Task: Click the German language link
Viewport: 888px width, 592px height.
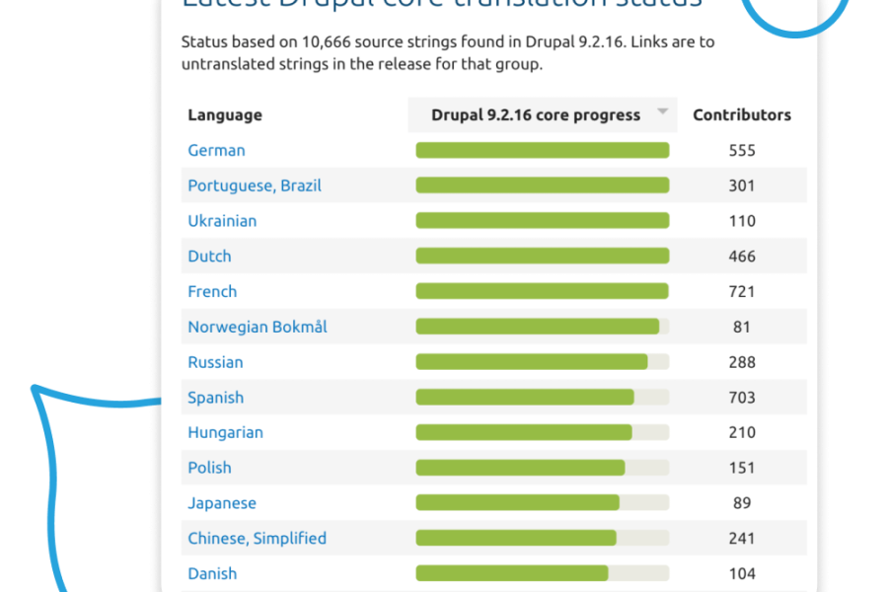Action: (216, 150)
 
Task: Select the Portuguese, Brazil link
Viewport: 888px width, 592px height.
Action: (255, 185)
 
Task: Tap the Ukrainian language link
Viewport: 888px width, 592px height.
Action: (222, 221)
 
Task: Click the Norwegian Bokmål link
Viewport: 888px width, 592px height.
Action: (258, 327)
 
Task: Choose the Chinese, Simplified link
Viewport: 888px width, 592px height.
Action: (257, 538)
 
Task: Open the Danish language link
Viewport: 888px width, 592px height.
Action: (212, 573)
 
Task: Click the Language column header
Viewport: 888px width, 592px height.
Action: (225, 114)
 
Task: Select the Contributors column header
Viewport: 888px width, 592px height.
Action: (742, 114)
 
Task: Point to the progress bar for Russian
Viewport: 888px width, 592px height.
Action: (542, 362)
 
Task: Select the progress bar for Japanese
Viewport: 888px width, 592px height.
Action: (542, 502)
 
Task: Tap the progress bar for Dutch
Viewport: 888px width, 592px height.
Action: (542, 256)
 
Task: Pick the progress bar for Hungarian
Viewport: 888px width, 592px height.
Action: (542, 432)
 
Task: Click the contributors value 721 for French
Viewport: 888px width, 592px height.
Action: (742, 291)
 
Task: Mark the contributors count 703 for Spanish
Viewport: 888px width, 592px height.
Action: (742, 398)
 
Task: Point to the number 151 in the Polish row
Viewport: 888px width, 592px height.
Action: (742, 468)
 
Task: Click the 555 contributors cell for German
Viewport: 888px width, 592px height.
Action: (742, 150)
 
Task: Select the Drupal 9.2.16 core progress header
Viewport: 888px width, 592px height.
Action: (536, 114)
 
